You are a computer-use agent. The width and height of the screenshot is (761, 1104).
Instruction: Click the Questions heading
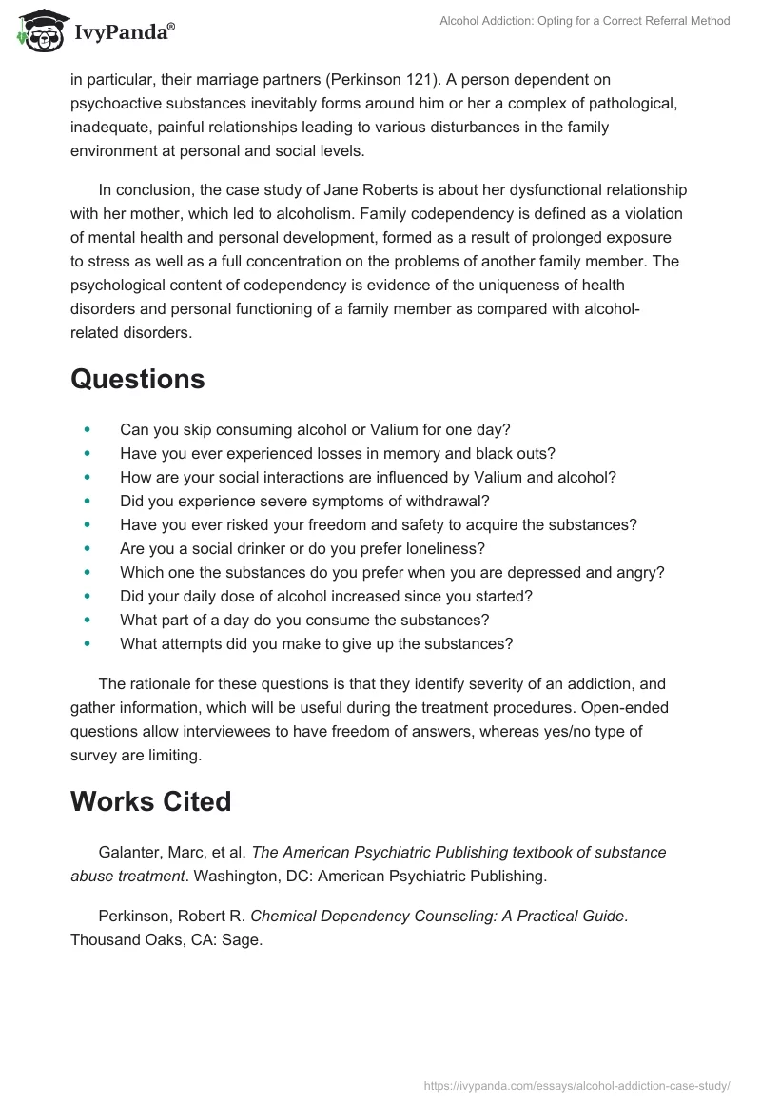click(137, 379)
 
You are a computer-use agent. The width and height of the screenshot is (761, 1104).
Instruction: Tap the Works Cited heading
click(150, 801)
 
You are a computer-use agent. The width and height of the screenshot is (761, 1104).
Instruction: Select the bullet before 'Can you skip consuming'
click(88, 430)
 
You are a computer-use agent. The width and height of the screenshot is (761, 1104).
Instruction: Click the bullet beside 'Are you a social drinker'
click(88, 549)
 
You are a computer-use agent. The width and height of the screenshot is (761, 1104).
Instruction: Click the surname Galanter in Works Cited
click(129, 852)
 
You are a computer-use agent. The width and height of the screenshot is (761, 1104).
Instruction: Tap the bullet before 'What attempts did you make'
click(88, 644)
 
